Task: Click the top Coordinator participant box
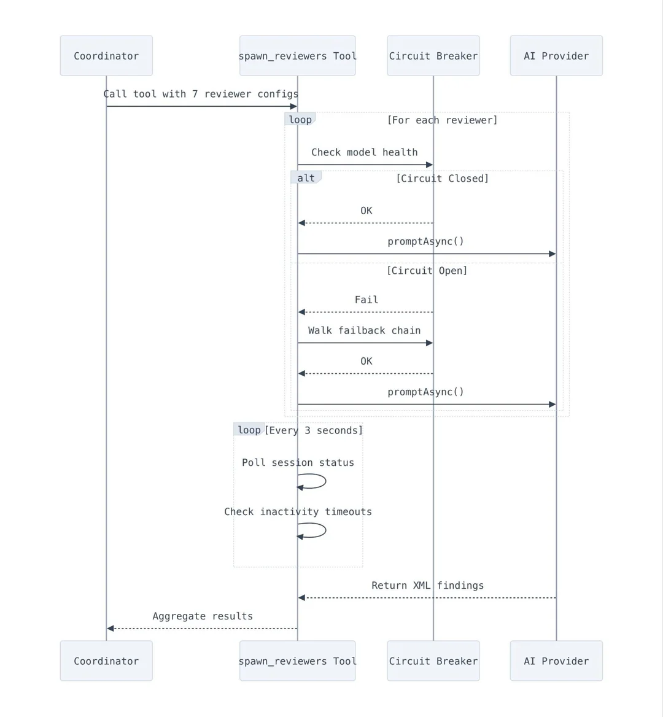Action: [106, 56]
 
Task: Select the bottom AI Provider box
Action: [556, 661]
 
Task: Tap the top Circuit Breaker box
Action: [433, 56]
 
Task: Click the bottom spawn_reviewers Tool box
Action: [297, 661]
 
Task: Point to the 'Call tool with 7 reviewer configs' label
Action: [201, 94]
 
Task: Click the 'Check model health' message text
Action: [365, 152]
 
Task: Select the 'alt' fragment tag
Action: [306, 178]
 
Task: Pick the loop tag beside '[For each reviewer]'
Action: [300, 119]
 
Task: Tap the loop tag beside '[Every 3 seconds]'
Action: [249, 430]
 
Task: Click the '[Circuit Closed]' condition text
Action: [442, 179]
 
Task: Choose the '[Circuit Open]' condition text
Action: [427, 271]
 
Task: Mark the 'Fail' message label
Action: [366, 300]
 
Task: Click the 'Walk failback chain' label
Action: [365, 331]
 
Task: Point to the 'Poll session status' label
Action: [298, 463]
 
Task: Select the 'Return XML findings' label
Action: [427, 586]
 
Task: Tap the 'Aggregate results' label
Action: [203, 616]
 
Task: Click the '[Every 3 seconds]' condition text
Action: [314, 431]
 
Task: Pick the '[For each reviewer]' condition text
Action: [442, 120]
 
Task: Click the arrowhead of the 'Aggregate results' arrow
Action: [110, 628]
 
